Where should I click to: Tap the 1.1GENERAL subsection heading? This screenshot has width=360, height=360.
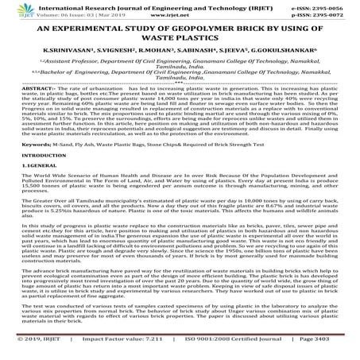coord(25,189)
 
